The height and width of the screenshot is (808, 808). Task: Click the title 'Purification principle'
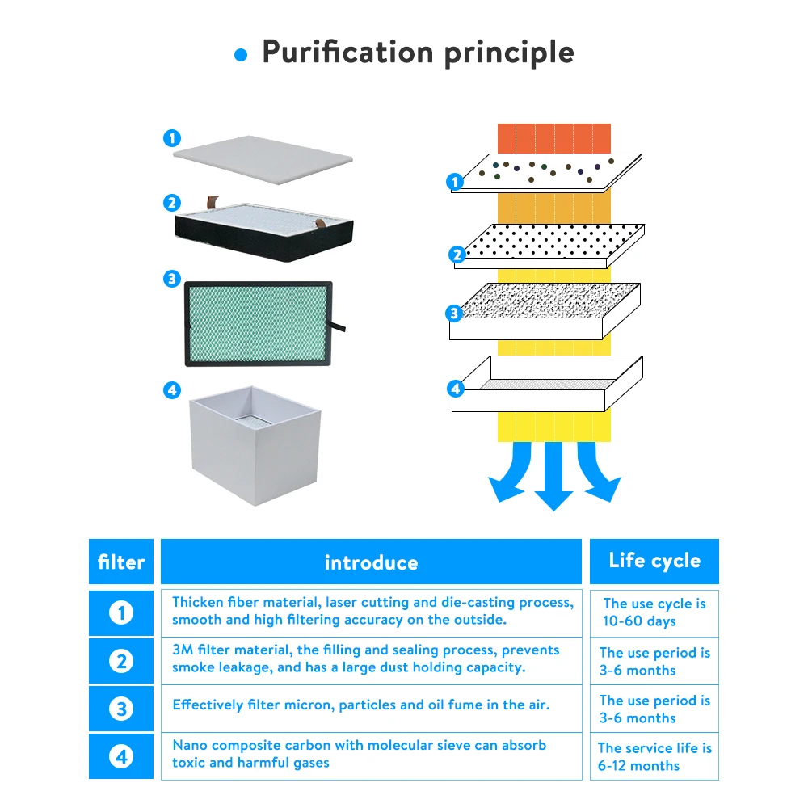[418, 53]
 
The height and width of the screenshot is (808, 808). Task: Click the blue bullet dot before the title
[240, 55]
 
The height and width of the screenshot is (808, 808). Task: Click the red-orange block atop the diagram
[554, 137]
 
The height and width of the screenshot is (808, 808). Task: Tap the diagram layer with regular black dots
[549, 242]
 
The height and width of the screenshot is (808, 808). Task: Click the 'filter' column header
[121, 562]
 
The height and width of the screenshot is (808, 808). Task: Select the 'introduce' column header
[371, 562]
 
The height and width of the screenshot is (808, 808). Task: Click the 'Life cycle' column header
[654, 561]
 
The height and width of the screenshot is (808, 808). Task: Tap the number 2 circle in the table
[121, 661]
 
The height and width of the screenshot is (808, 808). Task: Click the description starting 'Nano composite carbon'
[359, 753]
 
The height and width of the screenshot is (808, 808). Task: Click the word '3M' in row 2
[183, 650]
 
